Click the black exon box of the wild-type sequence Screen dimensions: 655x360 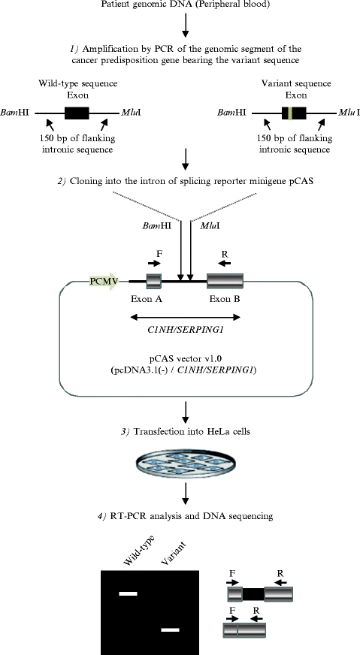77,114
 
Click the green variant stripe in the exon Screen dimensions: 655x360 286,114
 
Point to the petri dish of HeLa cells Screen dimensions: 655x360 180,463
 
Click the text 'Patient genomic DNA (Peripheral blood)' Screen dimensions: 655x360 180,6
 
